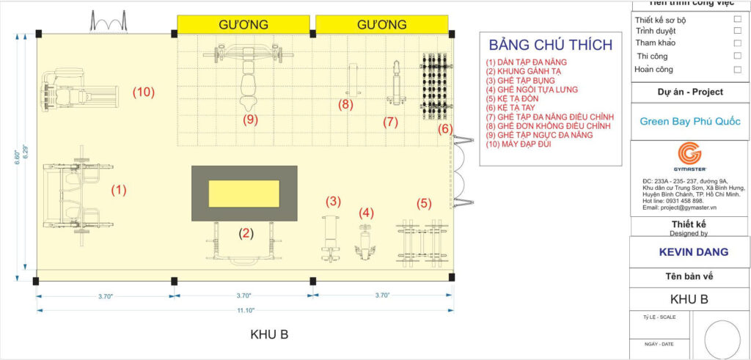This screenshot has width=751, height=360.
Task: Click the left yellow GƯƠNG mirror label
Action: [243, 25]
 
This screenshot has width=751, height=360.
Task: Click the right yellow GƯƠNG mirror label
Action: [381, 25]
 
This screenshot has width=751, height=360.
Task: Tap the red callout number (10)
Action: [143, 92]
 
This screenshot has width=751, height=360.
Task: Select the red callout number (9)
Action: [252, 117]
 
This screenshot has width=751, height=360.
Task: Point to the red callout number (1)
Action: [119, 189]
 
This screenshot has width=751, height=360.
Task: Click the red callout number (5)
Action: [424, 202]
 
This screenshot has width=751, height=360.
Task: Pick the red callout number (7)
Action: [390, 122]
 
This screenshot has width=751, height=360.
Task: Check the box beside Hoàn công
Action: [738, 70]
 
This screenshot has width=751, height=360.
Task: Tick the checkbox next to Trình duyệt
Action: [738, 32]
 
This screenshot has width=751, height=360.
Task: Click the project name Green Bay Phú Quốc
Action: [689, 121]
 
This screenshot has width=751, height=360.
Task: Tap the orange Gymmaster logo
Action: [689, 154]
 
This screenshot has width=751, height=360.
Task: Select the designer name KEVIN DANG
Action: [689, 251]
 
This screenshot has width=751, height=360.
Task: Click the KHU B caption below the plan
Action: [269, 334]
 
